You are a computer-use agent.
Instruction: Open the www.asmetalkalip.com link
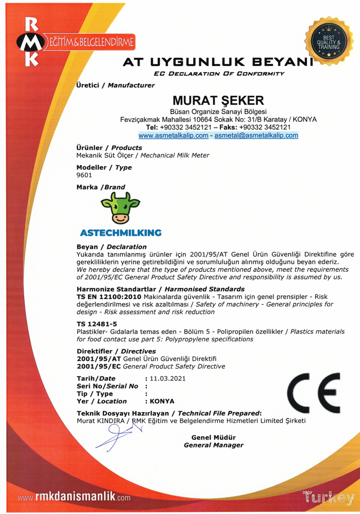pyautogui.click(x=174, y=135)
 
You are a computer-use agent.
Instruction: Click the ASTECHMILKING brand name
pyautogui.click(x=121, y=232)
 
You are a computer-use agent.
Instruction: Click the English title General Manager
pyautogui.click(x=214, y=445)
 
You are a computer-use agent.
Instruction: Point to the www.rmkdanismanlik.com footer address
pyautogui.click(x=74, y=497)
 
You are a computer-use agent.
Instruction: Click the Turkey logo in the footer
pyautogui.click(x=329, y=497)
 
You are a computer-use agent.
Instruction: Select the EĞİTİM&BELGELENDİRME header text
pyautogui.click(x=91, y=41)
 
